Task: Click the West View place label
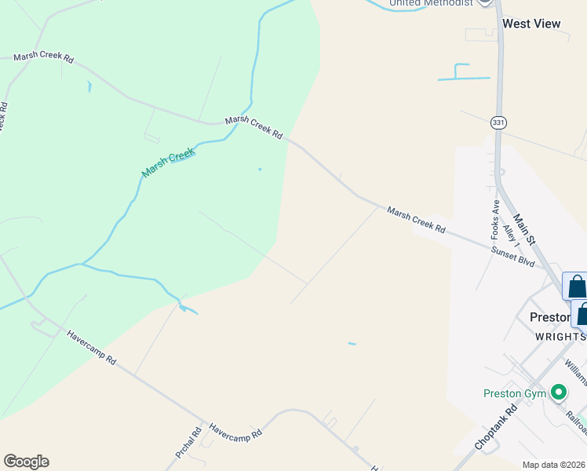531,24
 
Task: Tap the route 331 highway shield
498,122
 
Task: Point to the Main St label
523,228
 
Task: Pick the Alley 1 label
511,237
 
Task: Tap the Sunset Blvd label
512,257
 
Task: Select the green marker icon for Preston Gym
559,391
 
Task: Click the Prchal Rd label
188,443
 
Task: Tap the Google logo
26,462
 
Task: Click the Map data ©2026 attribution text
554,465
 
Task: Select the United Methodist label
432,3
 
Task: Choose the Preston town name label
549,318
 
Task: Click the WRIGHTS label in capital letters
560,336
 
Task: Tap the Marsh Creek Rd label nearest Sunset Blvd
416,220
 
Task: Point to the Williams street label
575,374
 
